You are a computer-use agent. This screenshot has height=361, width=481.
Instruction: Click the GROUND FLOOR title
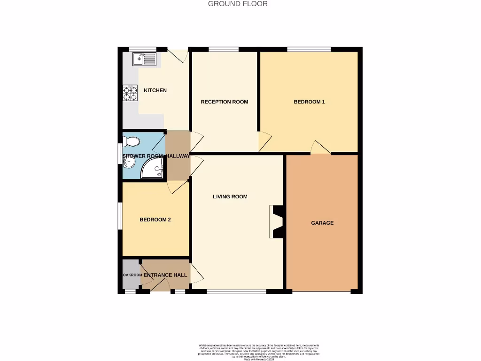tap(238, 4)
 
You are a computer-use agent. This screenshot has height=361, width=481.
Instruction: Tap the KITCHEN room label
tap(155, 90)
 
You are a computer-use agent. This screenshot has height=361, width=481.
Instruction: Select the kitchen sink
tap(144, 59)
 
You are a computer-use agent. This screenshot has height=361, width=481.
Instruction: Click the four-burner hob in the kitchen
tap(130, 93)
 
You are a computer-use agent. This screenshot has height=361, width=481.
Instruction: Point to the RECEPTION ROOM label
tap(225, 102)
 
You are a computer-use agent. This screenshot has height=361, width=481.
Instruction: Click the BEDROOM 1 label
tap(309, 102)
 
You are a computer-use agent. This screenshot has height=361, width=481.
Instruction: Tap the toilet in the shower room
tap(132, 141)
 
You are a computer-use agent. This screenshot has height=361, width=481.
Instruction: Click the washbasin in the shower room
tap(128, 163)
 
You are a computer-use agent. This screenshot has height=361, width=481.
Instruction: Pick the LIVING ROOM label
tap(230, 197)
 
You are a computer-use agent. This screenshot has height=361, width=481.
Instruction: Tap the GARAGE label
tap(322, 223)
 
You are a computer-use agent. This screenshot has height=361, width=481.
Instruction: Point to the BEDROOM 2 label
tap(155, 220)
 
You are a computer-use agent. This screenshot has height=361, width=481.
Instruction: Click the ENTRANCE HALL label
tap(165, 275)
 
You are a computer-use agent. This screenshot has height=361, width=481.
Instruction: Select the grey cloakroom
tap(131, 275)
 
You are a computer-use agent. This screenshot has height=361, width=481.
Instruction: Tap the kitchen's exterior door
tap(178, 55)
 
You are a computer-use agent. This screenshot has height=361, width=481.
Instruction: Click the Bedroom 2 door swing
tap(179, 188)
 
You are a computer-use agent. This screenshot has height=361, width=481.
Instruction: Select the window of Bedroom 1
tap(309, 49)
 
